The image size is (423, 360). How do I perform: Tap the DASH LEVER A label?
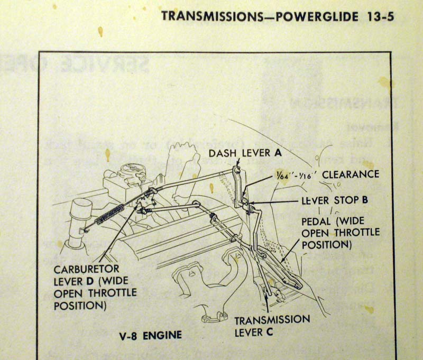pyautogui.click(x=245, y=154)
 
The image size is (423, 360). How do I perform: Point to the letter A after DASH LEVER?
pyautogui.click(x=278, y=154)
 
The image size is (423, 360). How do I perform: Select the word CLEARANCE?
pyautogui.click(x=351, y=174)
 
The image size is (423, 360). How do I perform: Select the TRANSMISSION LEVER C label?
pyautogui.click(x=272, y=326)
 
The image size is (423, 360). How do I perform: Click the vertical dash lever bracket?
pyautogui.click(x=239, y=188)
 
